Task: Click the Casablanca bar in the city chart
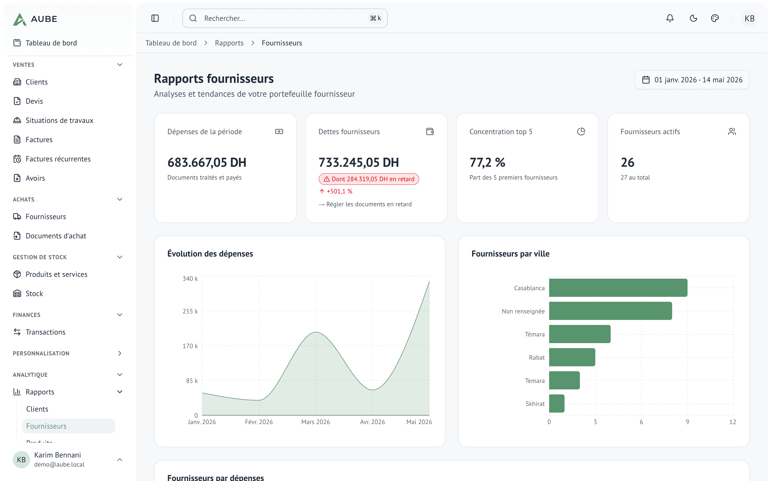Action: [618, 288]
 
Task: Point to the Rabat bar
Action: [572, 357]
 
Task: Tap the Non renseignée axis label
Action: [523, 311]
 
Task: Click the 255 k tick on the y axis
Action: [190, 311]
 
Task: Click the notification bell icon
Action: [670, 18]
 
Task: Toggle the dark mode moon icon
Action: [693, 18]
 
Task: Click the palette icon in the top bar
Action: [715, 18]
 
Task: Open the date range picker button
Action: [692, 80]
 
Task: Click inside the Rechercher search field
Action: [285, 18]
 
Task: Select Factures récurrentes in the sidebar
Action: [58, 159]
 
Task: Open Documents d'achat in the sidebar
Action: [56, 236]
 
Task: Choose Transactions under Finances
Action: [45, 332]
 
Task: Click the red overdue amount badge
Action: [369, 179]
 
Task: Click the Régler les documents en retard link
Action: [365, 204]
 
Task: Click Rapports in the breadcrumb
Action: [229, 43]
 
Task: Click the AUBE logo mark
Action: [20, 19]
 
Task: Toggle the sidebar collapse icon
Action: [155, 18]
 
